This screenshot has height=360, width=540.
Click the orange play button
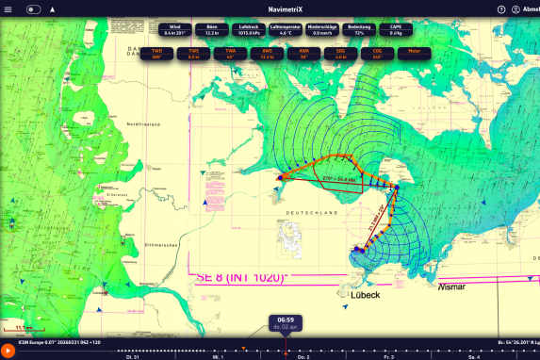tap(8, 350)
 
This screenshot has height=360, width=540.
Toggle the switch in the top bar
tap(34, 8)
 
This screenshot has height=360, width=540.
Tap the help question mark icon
tap(501, 8)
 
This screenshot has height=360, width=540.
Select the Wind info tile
tap(173, 29)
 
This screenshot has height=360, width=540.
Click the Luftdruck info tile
tap(249, 29)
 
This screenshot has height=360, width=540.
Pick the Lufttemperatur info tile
tap(286, 29)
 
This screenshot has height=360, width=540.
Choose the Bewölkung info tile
tap(358, 29)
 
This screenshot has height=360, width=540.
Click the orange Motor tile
tap(414, 52)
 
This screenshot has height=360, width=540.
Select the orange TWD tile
tap(156, 52)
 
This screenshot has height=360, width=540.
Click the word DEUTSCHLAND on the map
tap(310, 214)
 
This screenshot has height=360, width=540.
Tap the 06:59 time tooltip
tap(285, 322)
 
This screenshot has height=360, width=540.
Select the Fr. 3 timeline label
tap(389, 357)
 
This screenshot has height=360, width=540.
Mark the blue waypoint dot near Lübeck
tap(357, 250)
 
